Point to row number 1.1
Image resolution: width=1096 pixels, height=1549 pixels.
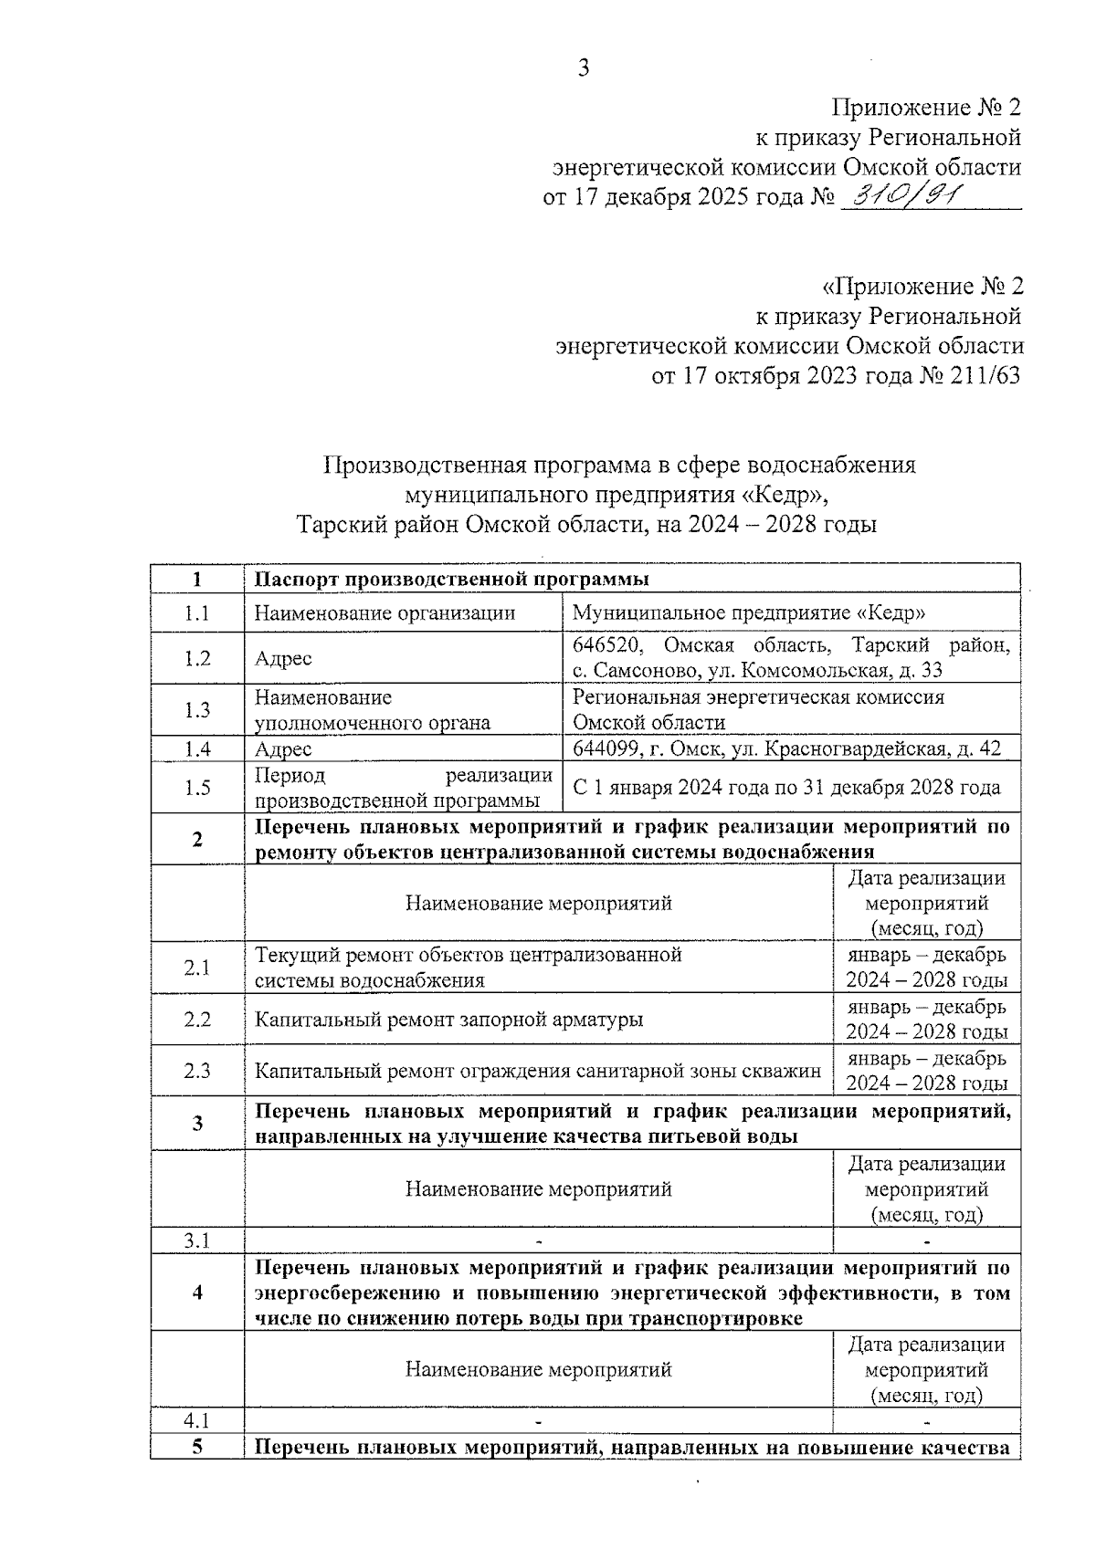coord(197,613)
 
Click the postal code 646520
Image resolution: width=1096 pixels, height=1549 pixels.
coord(608,645)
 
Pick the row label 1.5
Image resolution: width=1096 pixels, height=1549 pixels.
coord(197,788)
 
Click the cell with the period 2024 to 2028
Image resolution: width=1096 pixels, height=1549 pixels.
coord(786,788)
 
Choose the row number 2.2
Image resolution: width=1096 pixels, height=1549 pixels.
coord(197,1020)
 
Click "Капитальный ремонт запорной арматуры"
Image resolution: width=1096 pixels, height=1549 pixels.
coord(448,1020)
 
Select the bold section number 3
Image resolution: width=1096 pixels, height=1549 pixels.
coord(197,1124)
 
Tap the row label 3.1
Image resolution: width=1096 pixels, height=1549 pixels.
coord(197,1240)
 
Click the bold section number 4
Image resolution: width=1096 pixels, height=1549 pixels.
coord(197,1293)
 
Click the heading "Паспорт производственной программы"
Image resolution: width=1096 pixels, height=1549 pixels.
coord(451,580)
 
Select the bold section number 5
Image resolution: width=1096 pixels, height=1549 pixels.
coord(197,1447)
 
